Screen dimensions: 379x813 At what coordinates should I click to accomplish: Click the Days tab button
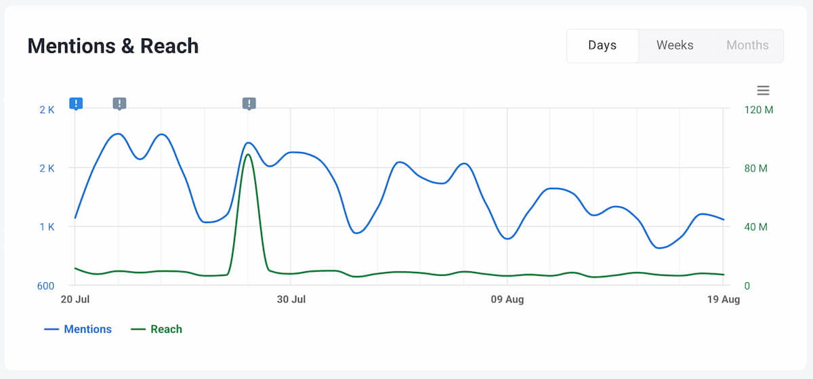[x=602, y=45]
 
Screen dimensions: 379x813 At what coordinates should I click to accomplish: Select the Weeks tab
[x=675, y=45]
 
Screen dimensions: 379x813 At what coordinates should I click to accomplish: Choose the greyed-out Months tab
[x=747, y=45]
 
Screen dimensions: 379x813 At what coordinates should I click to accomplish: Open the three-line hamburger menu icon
[x=763, y=90]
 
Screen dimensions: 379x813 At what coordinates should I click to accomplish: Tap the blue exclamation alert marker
[x=76, y=104]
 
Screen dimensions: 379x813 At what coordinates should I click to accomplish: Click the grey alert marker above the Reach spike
[x=249, y=104]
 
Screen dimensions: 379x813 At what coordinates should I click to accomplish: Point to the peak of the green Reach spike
[x=249, y=155]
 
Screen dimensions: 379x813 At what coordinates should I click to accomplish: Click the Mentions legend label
[x=87, y=330]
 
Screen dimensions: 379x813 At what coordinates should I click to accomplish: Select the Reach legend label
[x=166, y=330]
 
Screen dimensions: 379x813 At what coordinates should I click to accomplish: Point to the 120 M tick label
[x=759, y=110]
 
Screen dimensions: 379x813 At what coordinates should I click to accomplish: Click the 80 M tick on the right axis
[x=756, y=168]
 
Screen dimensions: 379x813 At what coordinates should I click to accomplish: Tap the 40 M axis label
[x=756, y=227]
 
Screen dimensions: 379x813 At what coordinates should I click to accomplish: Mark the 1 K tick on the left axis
[x=47, y=227]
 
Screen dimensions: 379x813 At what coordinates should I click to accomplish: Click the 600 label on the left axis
[x=45, y=286]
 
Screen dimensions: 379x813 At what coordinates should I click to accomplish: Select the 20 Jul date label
[x=75, y=300]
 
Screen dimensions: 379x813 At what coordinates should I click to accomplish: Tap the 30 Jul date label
[x=291, y=300]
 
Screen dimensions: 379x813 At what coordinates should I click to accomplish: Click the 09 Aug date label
[x=507, y=300]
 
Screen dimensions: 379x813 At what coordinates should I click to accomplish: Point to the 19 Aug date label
[x=723, y=300]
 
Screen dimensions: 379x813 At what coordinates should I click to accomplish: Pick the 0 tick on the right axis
[x=747, y=286]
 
